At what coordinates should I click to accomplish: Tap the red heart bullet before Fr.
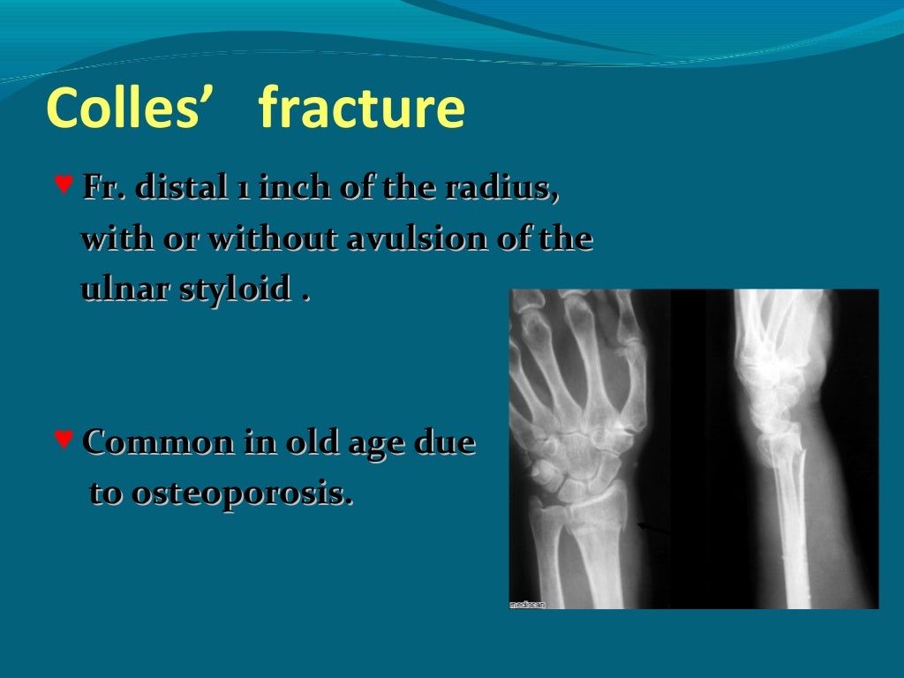coord(63,185)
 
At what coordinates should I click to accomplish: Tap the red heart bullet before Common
coord(63,437)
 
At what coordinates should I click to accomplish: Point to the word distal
coord(169,189)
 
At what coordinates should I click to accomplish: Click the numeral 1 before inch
coord(241,190)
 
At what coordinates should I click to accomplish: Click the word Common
coord(158,442)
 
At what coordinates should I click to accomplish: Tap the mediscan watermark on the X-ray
coord(528,604)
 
